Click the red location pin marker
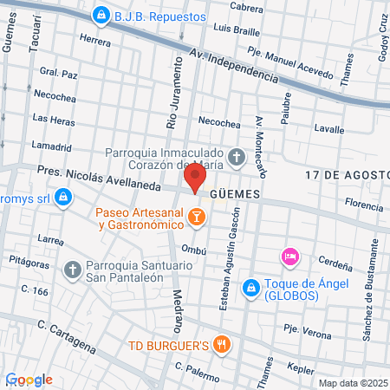click(195, 179)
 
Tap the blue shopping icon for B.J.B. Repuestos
click(102, 16)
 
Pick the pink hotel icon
click(289, 257)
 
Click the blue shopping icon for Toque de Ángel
click(250, 286)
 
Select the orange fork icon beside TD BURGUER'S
click(224, 344)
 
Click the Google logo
click(29, 380)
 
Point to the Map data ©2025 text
click(352, 382)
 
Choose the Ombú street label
click(192, 250)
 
